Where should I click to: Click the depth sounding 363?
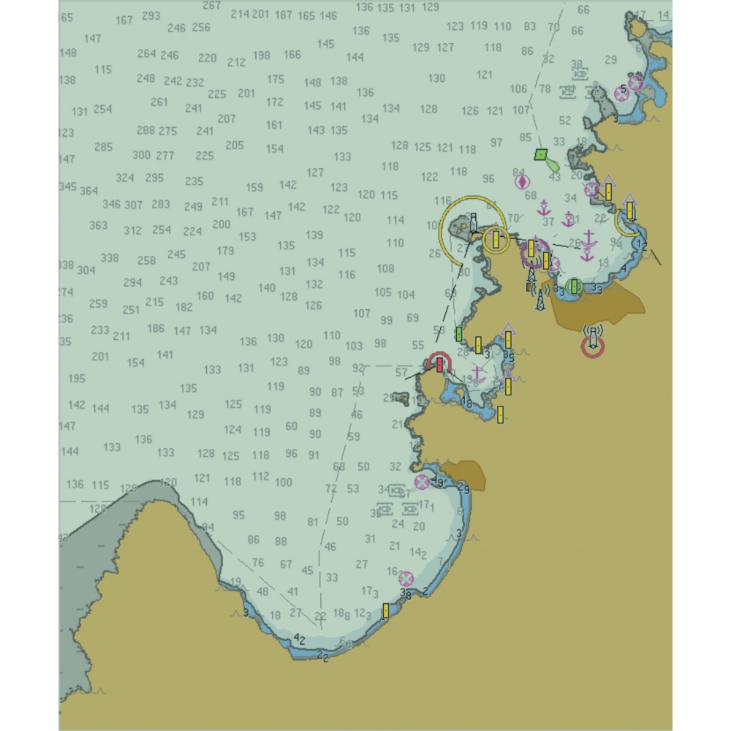coord(98,225)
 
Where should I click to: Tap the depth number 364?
coord(88,191)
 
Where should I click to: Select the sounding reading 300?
coord(141,155)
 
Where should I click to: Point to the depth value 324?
coord(125,178)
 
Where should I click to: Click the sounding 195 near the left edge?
coord(76,379)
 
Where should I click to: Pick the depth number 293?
coord(151,15)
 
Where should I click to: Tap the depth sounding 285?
coord(104,147)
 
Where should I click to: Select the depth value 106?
coord(518,89)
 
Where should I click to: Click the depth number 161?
coord(274,125)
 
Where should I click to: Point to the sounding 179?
coord(226,251)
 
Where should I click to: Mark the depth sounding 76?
coord(258,563)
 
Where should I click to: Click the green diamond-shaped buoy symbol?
coord(540,154)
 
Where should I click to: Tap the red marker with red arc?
coord(439,363)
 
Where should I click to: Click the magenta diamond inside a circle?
coord(522,182)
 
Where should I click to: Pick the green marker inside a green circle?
coord(574,286)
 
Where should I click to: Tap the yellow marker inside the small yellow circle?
coord(497,238)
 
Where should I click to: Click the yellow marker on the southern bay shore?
coord(385,610)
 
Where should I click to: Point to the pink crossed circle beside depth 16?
coord(406,579)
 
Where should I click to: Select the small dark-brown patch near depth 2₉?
coord(465,474)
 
